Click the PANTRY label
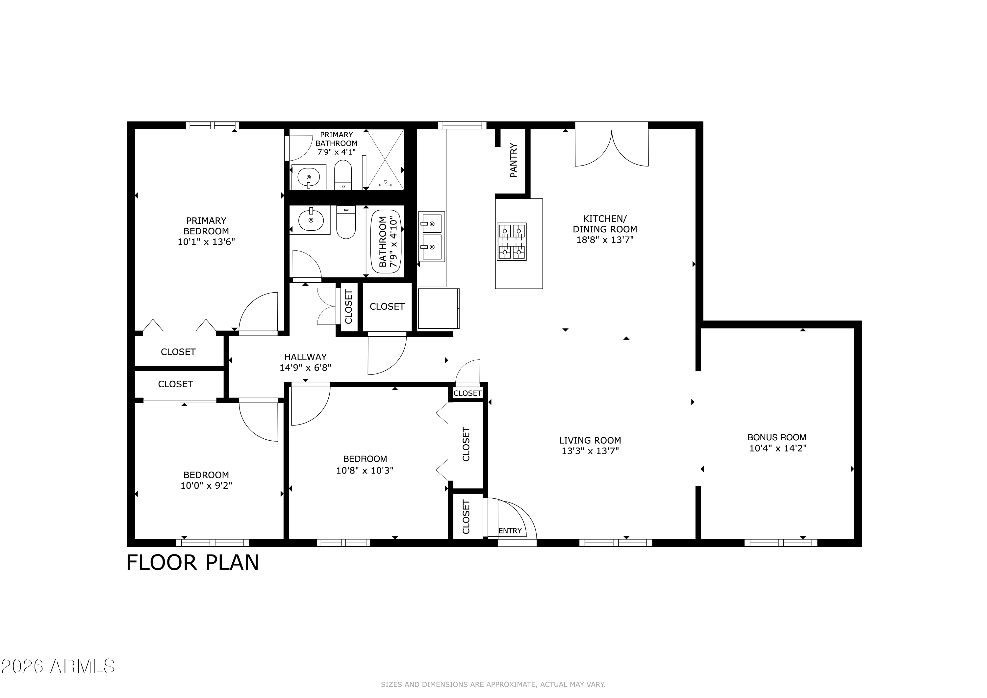514,160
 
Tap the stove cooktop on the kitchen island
512,241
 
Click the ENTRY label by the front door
510,531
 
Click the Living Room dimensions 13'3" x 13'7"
590,451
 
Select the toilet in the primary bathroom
343,175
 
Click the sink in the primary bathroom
309,177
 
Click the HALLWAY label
305,357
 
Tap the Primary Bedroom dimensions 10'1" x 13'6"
206,242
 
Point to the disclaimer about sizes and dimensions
493,684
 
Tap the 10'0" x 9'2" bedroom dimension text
206,485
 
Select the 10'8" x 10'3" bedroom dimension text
365,471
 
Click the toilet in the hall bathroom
346,222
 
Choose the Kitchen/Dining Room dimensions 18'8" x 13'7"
605,240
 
